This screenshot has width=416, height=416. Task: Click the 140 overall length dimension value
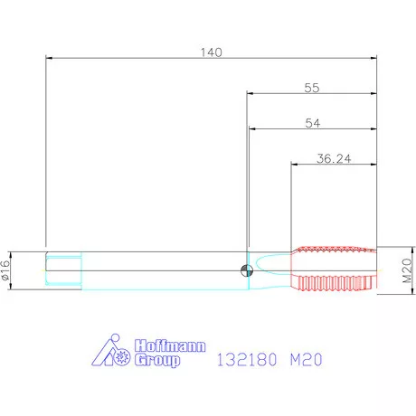(212, 52)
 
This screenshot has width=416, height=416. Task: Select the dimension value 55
(312, 88)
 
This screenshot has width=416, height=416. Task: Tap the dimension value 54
(313, 123)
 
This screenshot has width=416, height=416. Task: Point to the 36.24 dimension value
(334, 158)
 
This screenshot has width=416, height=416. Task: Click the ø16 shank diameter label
(5, 270)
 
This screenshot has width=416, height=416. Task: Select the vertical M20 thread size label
(407, 270)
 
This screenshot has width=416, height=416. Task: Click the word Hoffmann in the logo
(170, 345)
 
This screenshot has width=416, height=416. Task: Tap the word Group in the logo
(157, 360)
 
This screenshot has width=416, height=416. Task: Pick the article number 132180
(247, 360)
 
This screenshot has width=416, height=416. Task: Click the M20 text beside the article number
(306, 360)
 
